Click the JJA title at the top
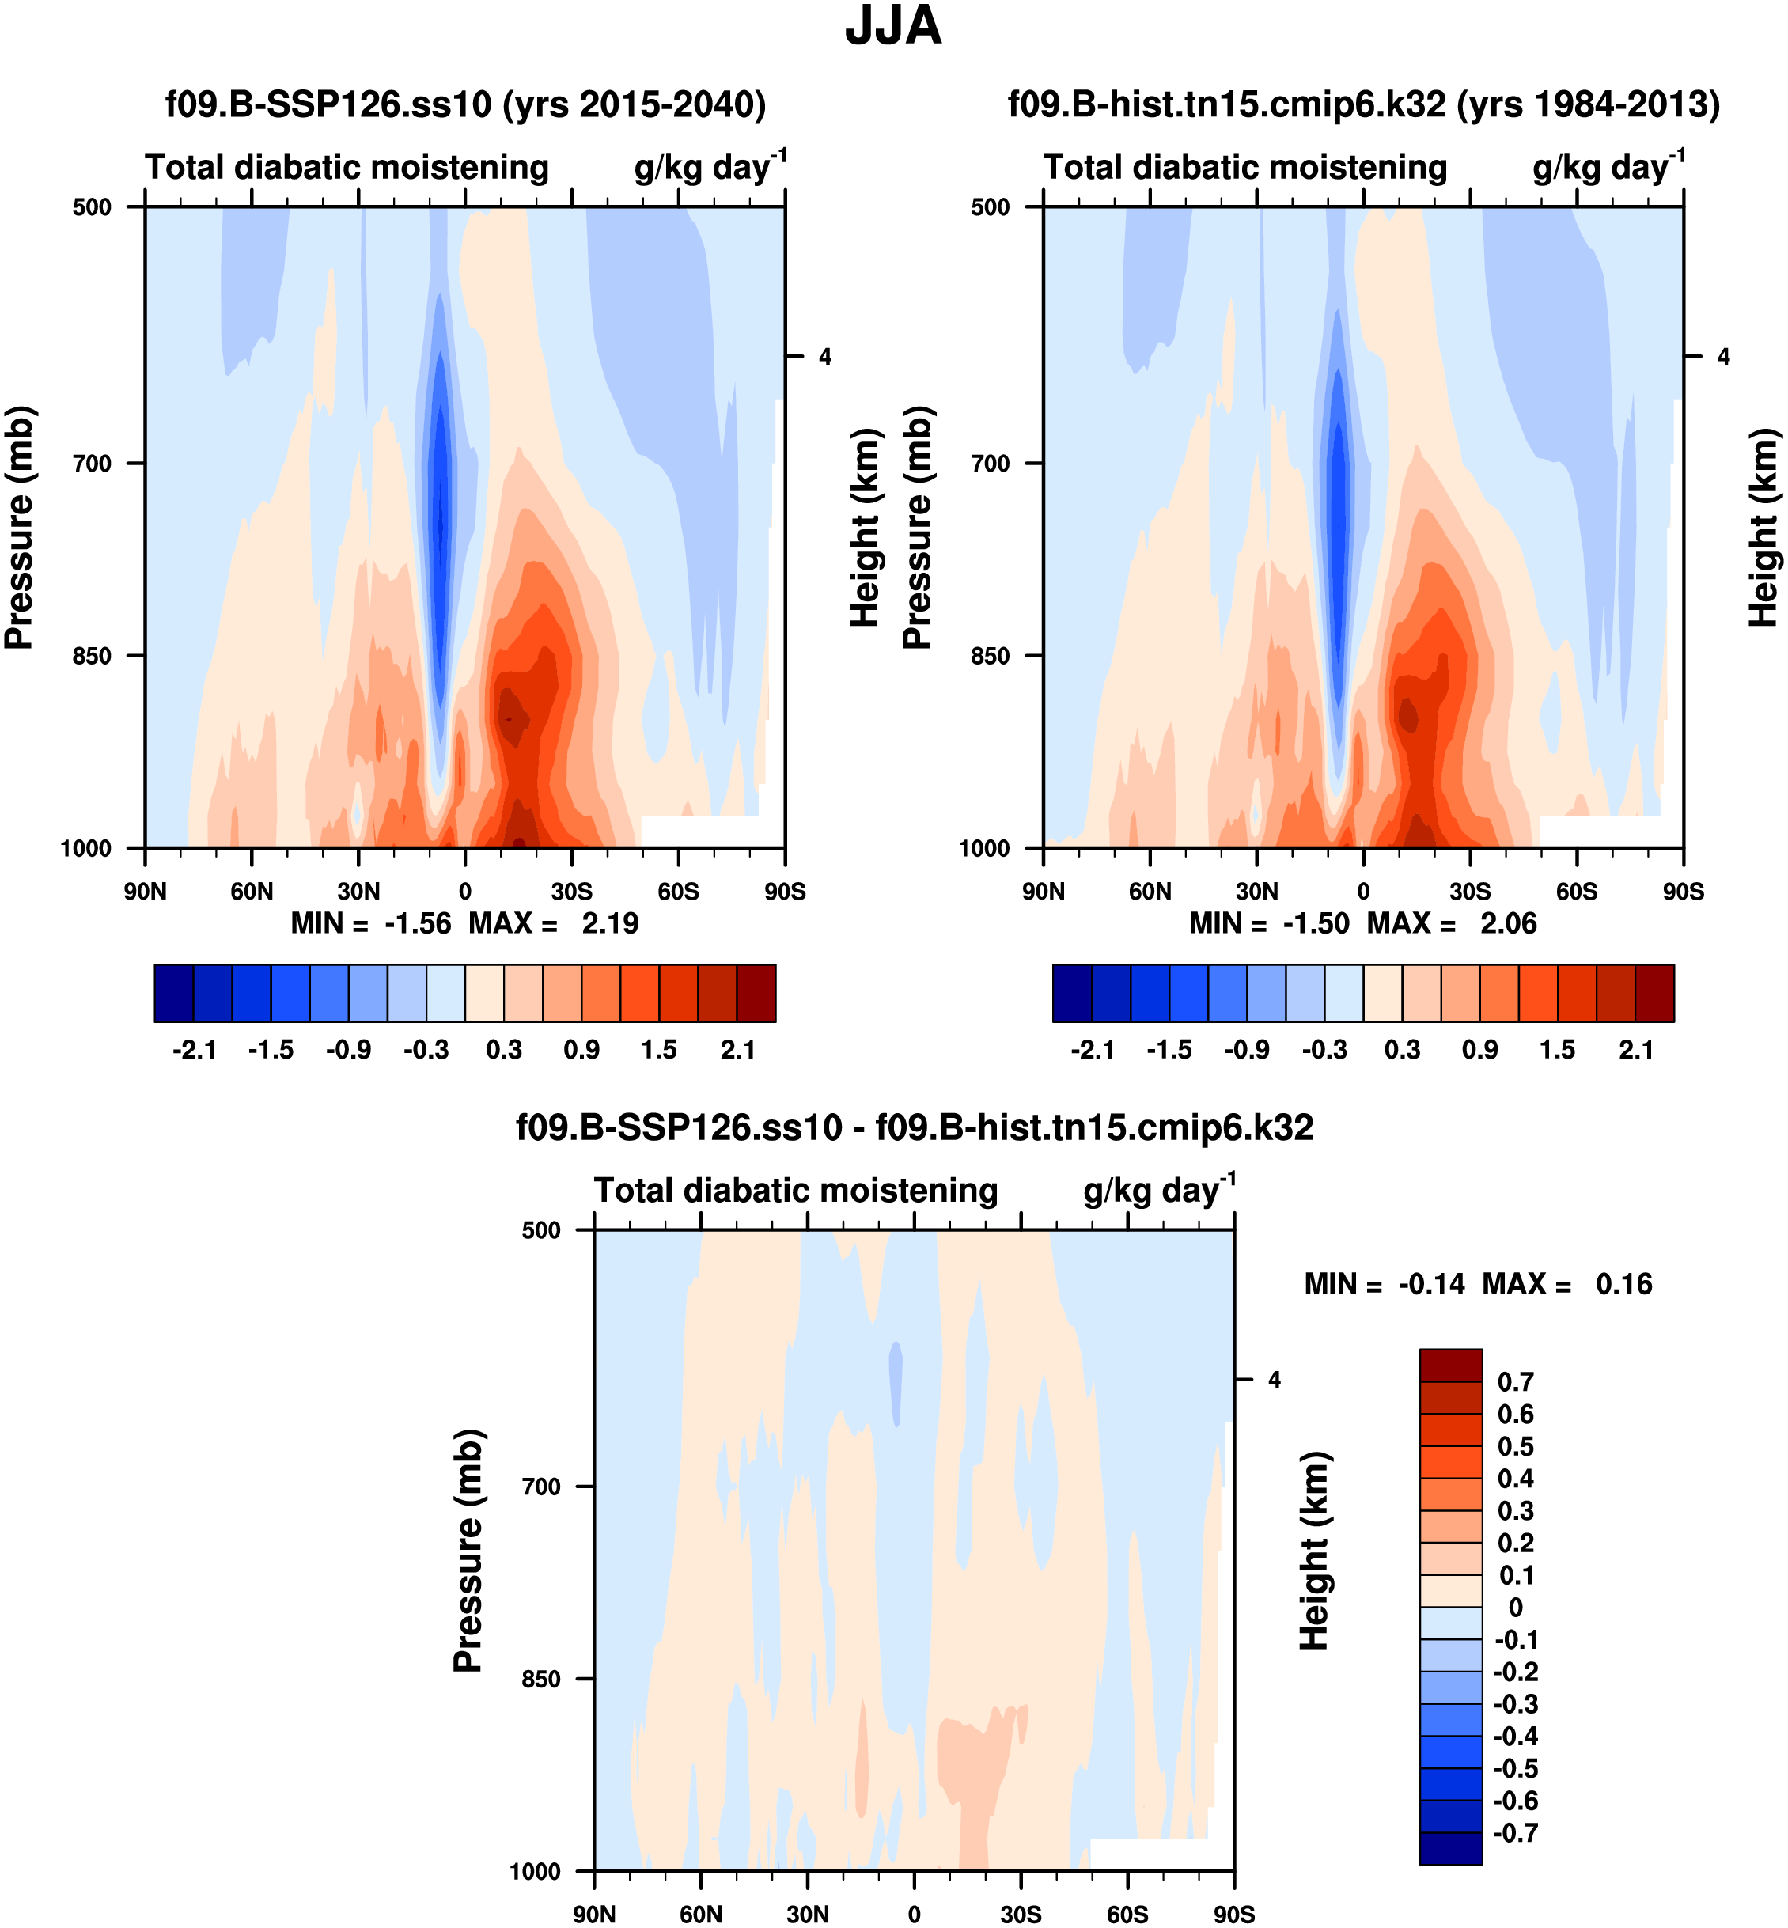[892, 27]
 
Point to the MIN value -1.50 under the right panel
[1315, 924]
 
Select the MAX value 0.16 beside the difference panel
[1623, 1285]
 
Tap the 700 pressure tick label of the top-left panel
[92, 464]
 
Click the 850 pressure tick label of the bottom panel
[541, 1680]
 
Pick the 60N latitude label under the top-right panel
[1150, 891]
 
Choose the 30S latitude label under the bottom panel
[1021, 1915]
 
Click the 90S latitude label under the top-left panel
[785, 891]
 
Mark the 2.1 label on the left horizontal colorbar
[737, 1051]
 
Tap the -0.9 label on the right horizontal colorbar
[1246, 1051]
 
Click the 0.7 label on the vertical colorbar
[1515, 1382]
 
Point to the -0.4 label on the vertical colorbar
[1515, 1737]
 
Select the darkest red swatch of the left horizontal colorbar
[756, 993]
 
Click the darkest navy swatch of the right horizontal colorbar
[1072, 993]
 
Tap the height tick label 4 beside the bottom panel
[1275, 1380]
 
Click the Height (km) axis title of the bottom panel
[1313, 1551]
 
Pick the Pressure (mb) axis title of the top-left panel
[19, 527]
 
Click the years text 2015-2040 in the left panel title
[653, 104]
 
